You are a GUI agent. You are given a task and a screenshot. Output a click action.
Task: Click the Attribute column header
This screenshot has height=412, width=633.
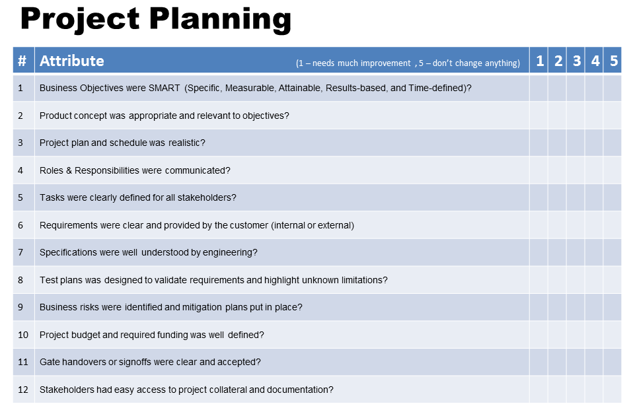71,61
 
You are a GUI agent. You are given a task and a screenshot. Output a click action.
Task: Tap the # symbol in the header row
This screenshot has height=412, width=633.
22,61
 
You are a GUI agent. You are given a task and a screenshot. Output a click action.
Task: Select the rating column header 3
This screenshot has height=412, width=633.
577,61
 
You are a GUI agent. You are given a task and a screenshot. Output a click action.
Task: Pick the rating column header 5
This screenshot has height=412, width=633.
614,61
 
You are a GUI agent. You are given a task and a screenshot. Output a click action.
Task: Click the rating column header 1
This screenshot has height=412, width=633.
540,61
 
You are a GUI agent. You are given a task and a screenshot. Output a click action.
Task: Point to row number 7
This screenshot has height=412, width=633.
20,252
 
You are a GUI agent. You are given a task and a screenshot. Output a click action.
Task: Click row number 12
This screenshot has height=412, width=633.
23,390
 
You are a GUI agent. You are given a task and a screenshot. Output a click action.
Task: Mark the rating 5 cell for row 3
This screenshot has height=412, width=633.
613,143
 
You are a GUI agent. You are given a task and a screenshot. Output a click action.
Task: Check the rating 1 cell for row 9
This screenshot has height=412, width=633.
539,307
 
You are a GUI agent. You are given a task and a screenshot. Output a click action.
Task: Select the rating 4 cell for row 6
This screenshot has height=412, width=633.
594,225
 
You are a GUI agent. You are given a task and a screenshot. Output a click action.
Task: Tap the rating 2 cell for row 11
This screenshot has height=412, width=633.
557,362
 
